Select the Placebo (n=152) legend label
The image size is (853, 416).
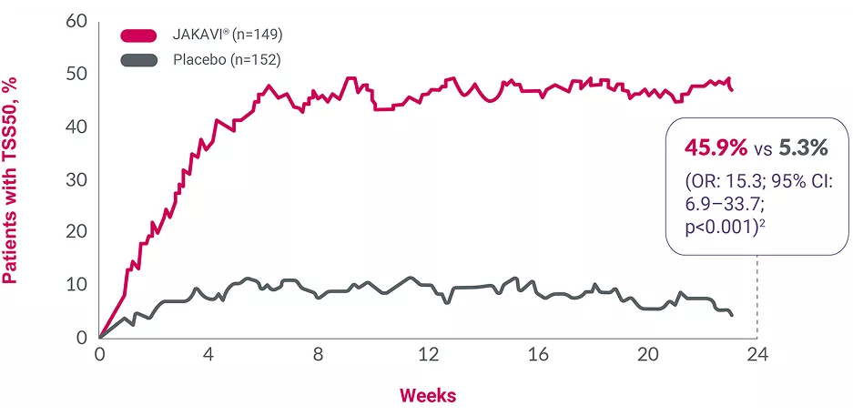tap(225, 60)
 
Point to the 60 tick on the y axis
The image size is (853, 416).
tap(76, 21)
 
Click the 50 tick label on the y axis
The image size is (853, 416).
tap(76, 74)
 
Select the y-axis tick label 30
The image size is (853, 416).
tap(76, 179)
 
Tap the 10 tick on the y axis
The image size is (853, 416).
tap(76, 285)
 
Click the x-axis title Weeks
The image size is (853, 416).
tap(428, 395)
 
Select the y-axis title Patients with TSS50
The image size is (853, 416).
tap(12, 180)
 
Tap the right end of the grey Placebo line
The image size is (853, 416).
tap(732, 314)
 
